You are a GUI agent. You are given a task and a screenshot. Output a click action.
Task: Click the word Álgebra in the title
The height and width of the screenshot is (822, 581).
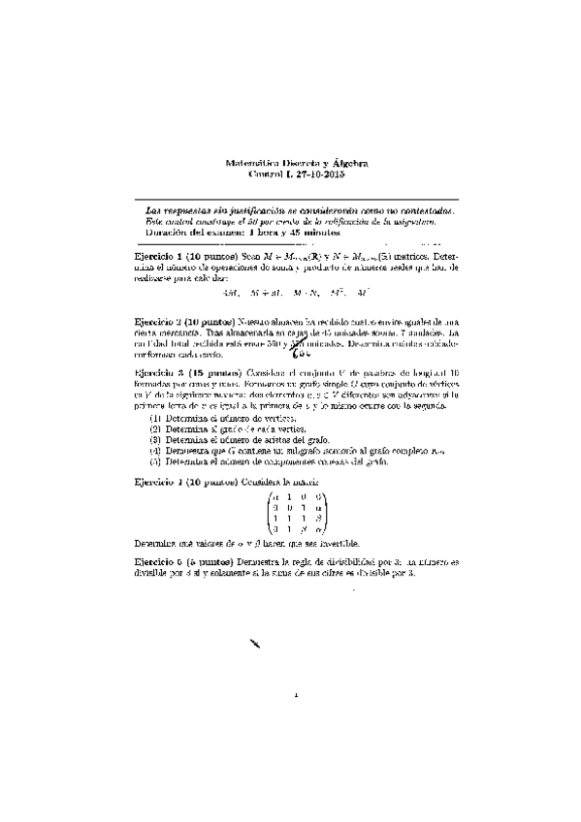tap(346, 165)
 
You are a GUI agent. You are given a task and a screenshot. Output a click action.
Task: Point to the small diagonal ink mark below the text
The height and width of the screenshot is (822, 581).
tap(256, 645)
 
